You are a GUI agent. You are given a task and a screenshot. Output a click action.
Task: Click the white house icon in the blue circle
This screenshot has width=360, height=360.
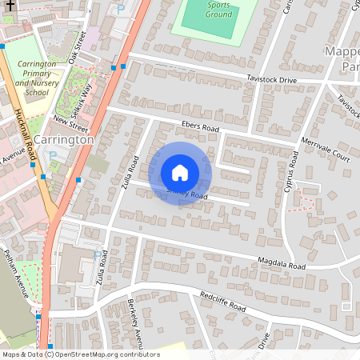tap(180, 173)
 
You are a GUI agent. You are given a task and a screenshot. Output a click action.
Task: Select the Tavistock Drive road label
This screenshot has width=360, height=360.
tap(272, 80)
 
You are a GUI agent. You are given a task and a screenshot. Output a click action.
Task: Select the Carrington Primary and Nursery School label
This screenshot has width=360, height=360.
tap(38, 78)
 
